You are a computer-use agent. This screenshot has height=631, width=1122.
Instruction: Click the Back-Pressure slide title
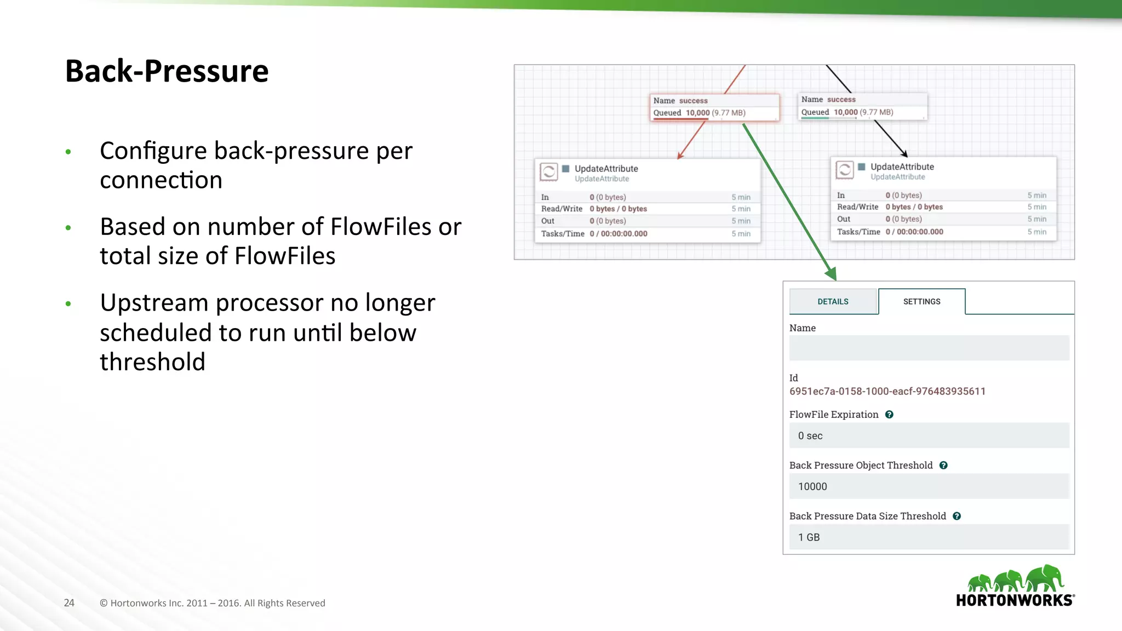tap(167, 71)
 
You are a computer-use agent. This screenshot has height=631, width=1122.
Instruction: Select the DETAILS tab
tap(833, 302)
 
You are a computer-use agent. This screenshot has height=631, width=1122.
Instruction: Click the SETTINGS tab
tap(921, 302)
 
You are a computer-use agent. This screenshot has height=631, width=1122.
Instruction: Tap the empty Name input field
tap(929, 348)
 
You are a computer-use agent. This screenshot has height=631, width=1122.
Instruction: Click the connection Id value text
tap(887, 392)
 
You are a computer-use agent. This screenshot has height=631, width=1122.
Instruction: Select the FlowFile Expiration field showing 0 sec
tap(929, 436)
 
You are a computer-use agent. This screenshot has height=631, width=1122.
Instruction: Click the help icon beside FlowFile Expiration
tap(889, 415)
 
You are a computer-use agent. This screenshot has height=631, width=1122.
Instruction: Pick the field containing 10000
tap(929, 486)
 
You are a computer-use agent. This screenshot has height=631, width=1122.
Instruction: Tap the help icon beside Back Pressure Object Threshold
tap(943, 466)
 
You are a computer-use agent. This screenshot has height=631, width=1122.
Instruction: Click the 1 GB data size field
tap(929, 537)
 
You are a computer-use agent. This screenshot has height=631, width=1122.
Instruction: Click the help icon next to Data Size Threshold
tap(957, 517)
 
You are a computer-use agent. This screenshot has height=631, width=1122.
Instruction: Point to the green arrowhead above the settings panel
tap(831, 273)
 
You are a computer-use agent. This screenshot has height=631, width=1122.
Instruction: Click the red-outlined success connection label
tap(714, 107)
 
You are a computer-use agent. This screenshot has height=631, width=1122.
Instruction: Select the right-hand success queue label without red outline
tap(862, 106)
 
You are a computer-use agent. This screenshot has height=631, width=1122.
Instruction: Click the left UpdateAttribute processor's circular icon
tap(548, 172)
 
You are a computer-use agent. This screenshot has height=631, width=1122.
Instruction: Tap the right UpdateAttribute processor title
tap(902, 167)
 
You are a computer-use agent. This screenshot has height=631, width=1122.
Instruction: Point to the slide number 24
tap(69, 603)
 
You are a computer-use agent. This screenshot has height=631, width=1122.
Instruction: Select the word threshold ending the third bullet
tap(152, 362)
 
